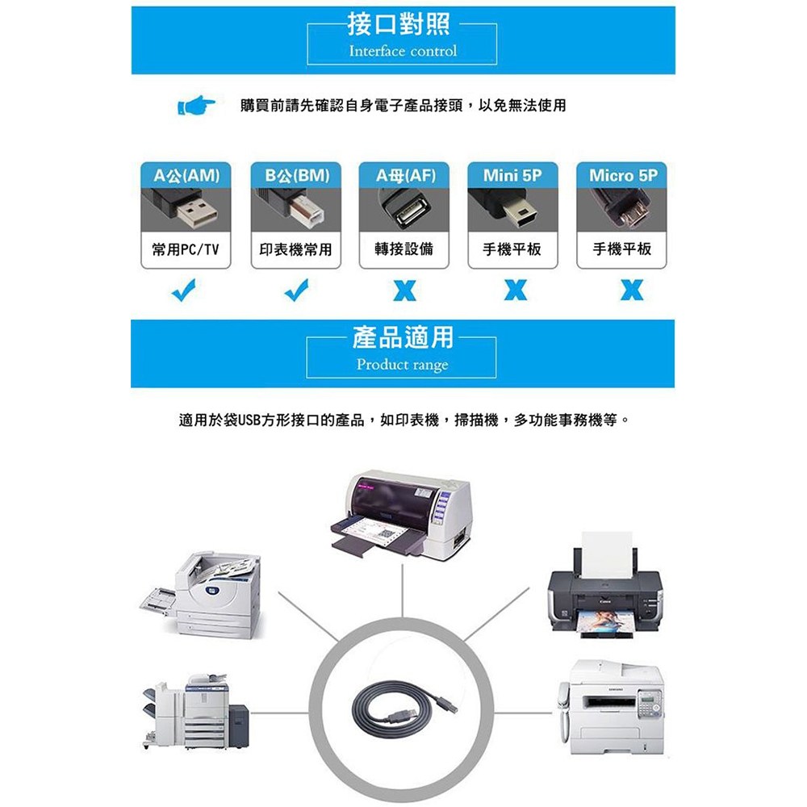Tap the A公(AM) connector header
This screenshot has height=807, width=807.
click(x=186, y=175)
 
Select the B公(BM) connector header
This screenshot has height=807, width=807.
click(x=296, y=175)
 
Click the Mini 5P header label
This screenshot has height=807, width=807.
click(x=512, y=175)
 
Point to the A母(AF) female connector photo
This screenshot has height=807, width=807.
click(x=404, y=210)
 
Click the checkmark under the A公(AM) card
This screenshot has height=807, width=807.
click(x=184, y=290)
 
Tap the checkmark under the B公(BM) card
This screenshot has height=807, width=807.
click(x=296, y=290)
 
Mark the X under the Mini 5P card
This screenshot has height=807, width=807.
click(x=516, y=291)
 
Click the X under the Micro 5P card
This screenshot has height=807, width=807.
click(x=632, y=291)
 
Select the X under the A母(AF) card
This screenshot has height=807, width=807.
click(x=404, y=291)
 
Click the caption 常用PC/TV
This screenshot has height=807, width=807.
click(x=186, y=249)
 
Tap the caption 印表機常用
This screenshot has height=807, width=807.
click(x=295, y=249)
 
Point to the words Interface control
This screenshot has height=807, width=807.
click(x=403, y=51)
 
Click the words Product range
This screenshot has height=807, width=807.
click(x=403, y=365)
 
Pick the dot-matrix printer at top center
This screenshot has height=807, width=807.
click(x=401, y=516)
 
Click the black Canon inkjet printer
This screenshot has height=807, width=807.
click(x=605, y=586)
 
